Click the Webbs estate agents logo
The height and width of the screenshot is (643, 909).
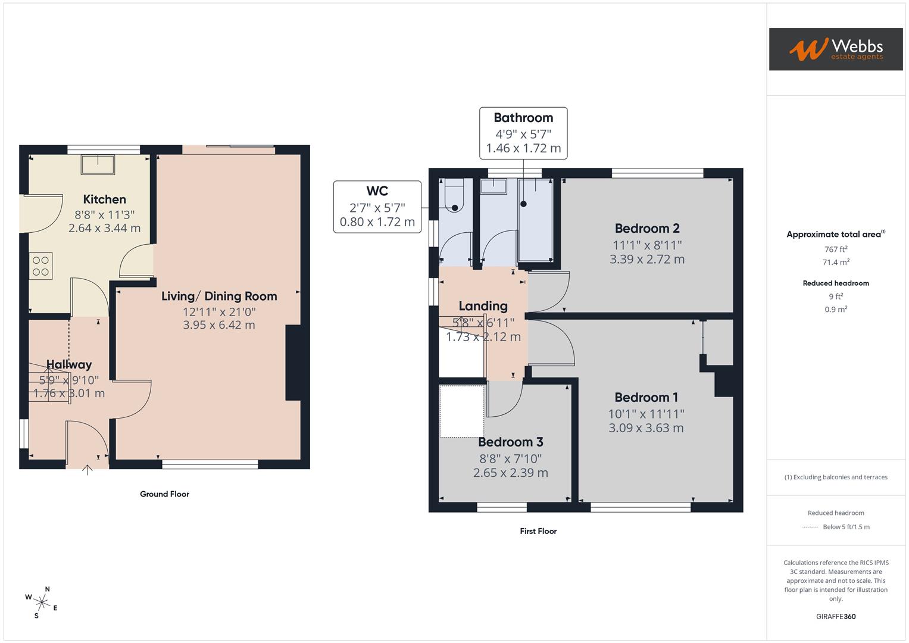click(x=835, y=49)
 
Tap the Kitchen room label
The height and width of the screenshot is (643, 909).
click(x=104, y=199)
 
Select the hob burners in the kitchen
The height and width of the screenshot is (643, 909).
click(x=40, y=266)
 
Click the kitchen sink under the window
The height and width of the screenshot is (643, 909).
click(x=98, y=165)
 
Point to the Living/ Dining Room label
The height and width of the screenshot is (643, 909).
click(x=219, y=296)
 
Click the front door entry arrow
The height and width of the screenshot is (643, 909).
click(x=88, y=470)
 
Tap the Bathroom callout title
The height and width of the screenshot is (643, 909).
click(x=523, y=118)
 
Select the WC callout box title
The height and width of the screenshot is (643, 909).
click(x=377, y=191)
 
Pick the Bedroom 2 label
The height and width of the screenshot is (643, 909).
click(x=646, y=229)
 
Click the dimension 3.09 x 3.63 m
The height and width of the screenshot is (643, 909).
click(x=646, y=428)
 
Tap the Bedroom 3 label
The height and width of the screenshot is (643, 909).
click(x=510, y=442)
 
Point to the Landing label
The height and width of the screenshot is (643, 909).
click(x=483, y=306)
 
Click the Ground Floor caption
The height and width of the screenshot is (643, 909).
click(x=164, y=494)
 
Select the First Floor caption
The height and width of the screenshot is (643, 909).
click(x=538, y=531)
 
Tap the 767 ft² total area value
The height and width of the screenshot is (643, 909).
click(x=835, y=249)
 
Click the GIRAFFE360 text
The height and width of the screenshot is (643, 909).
click(x=835, y=616)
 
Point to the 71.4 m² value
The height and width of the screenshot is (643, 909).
click(x=835, y=262)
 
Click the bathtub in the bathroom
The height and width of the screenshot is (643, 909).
click(x=536, y=220)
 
